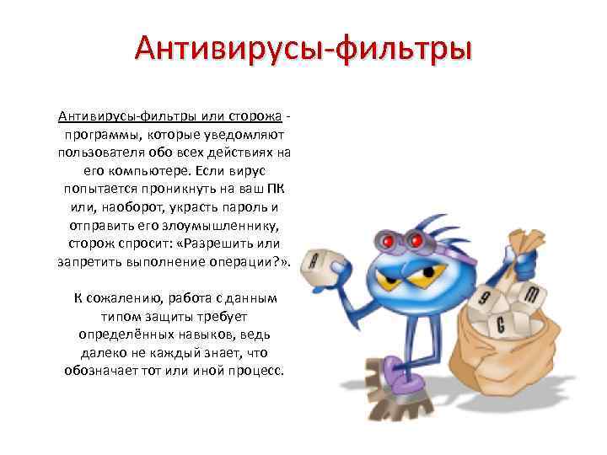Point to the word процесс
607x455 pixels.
click(x=258, y=371)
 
